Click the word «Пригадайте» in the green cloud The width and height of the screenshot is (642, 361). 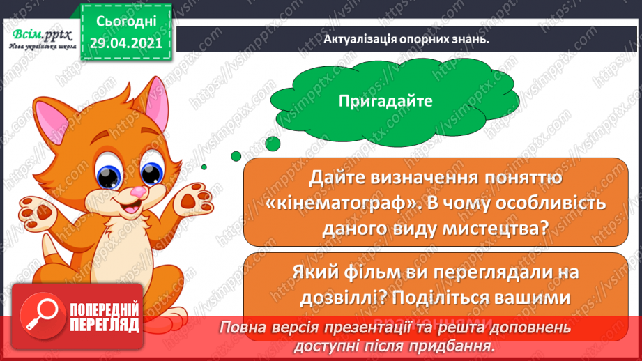[385, 101]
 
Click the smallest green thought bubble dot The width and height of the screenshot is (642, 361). [204, 166]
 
